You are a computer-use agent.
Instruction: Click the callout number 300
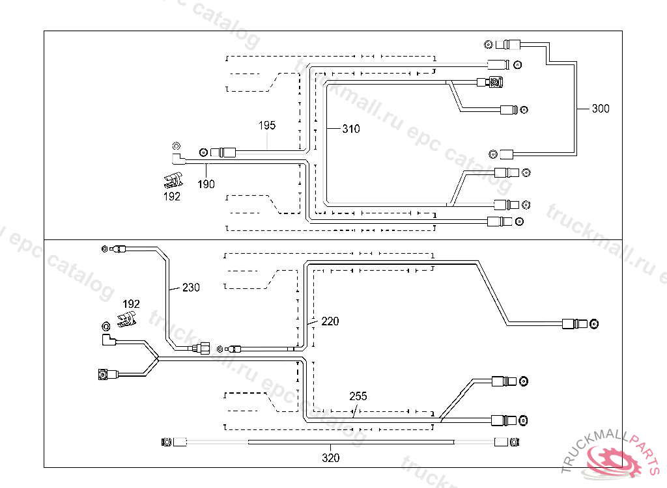(x=601, y=109)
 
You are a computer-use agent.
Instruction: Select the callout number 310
(x=350, y=129)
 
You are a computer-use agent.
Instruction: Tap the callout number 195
(x=267, y=126)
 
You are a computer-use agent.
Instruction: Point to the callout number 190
(x=206, y=184)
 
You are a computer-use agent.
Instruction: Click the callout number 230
(x=191, y=287)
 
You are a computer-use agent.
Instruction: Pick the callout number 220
(x=330, y=321)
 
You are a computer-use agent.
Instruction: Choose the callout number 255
(x=358, y=396)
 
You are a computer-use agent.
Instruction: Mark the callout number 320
(x=330, y=457)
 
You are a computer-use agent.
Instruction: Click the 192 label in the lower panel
(x=131, y=303)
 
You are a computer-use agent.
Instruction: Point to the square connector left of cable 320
(x=167, y=442)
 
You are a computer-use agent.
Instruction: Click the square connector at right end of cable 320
(x=514, y=442)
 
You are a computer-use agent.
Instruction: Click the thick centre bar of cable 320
(x=351, y=442)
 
